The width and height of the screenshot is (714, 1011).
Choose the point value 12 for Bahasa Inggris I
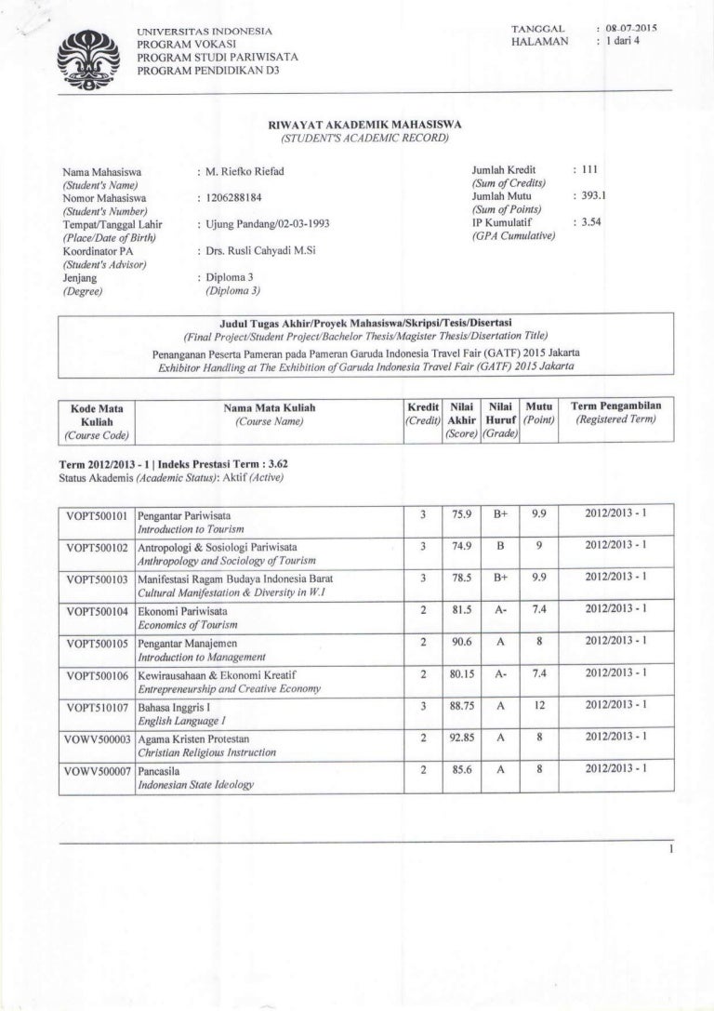pyautogui.click(x=539, y=706)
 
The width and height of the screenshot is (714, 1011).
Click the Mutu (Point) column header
pyautogui.click(x=539, y=414)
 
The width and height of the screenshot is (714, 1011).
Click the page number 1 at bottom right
pyautogui.click(x=669, y=850)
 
